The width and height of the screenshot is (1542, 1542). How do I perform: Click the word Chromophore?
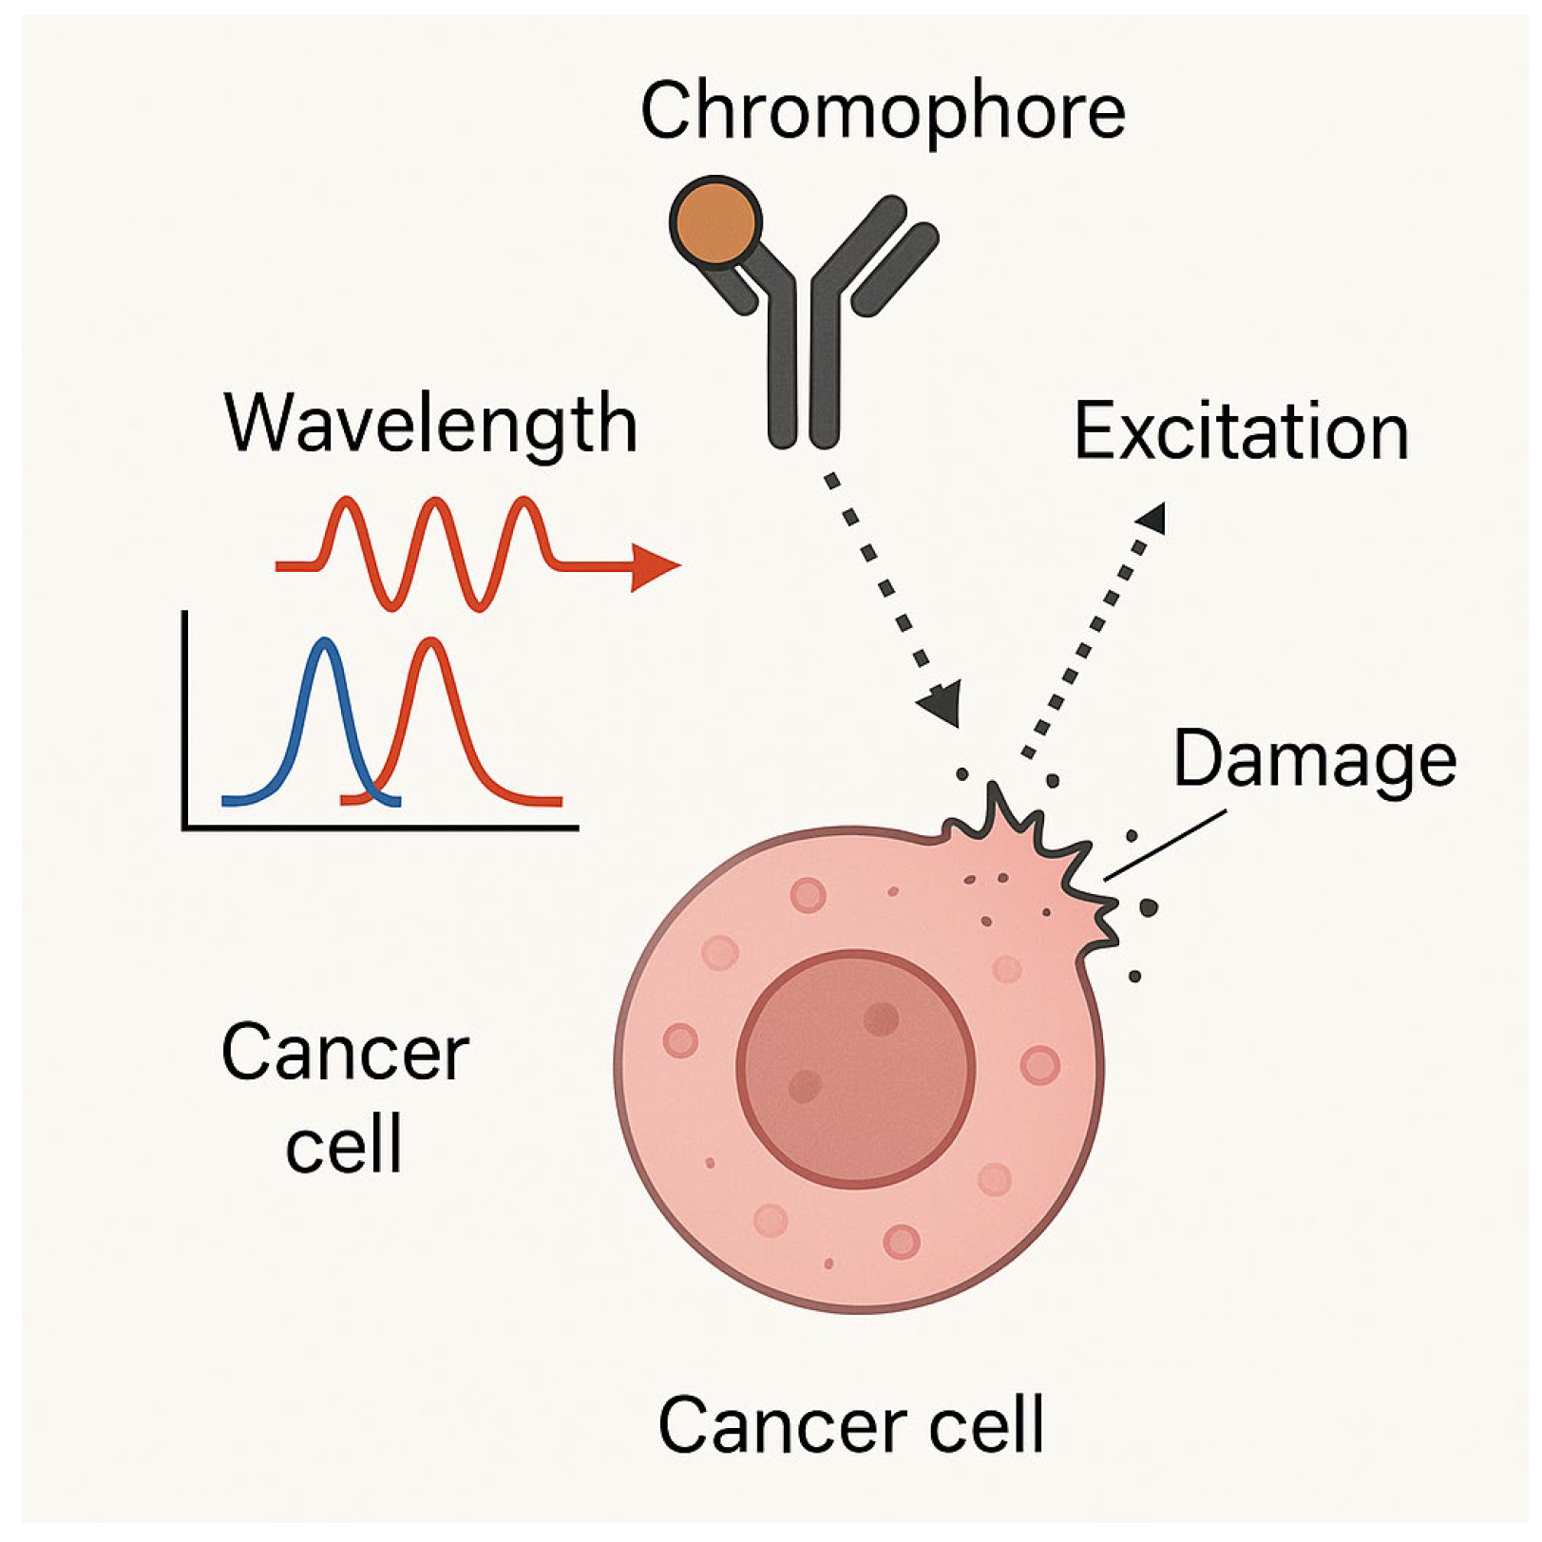883,112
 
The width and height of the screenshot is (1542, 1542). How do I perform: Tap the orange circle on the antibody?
715,221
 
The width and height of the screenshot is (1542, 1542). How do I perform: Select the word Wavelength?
430,424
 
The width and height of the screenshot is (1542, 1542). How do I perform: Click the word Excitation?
1241,432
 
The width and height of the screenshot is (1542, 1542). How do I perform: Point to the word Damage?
1315,759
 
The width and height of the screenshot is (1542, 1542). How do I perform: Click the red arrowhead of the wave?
656,567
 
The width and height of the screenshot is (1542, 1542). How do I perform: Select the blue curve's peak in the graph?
326,642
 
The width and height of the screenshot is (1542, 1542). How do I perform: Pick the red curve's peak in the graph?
432,642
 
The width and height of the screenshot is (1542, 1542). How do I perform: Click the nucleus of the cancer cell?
855,1069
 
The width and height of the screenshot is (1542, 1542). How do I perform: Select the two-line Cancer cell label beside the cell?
345,1097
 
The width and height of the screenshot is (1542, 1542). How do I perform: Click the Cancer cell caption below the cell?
851,1425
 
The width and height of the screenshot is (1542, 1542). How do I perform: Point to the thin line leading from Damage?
1165,845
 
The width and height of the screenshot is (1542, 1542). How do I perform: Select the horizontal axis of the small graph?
380,828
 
